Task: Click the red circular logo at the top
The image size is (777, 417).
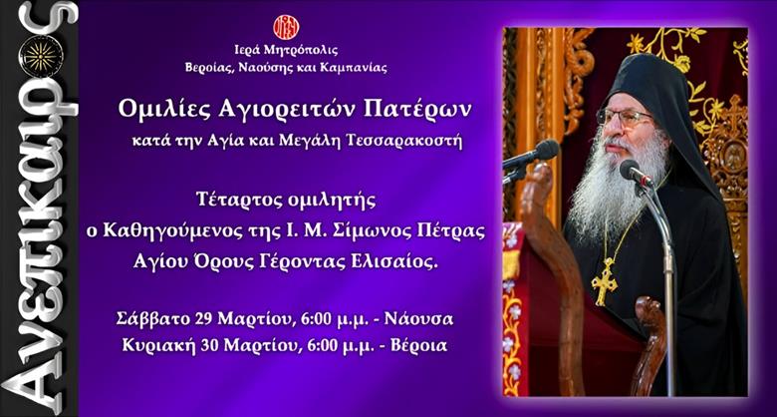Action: (286, 27)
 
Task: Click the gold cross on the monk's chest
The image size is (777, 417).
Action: (605, 283)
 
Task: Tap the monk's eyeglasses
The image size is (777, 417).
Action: (626, 118)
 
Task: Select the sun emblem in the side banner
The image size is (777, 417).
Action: (40, 56)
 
